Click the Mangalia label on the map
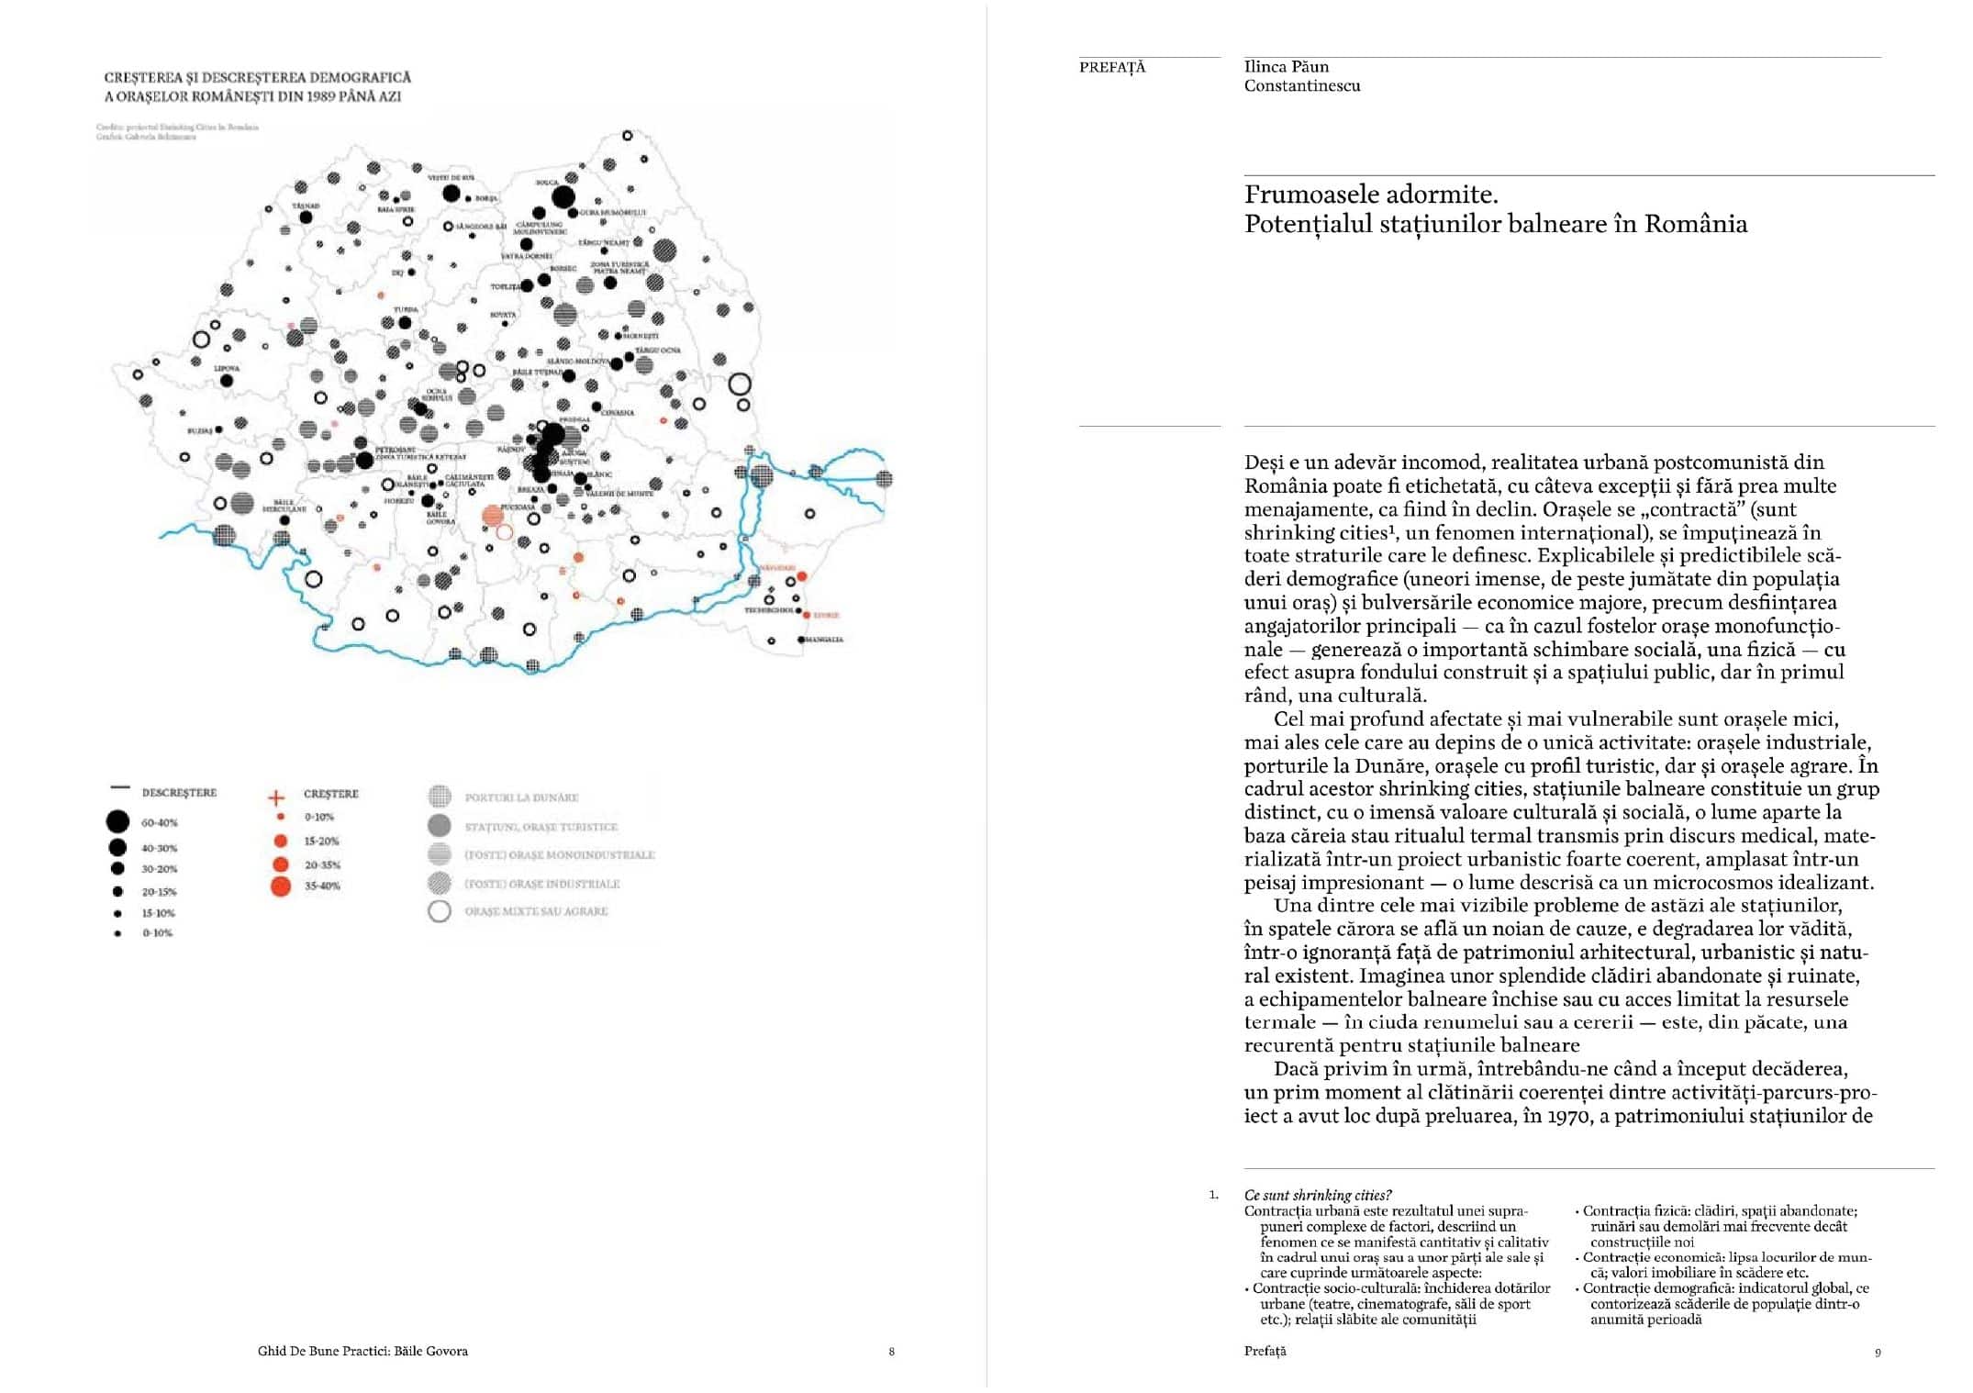824,640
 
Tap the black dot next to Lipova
227,381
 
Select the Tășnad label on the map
305,206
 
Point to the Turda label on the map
406,310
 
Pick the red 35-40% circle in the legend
281,886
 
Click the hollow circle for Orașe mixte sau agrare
440,911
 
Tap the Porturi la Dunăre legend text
521,797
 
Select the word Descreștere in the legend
179,792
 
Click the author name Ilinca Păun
1286,66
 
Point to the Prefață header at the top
1112,67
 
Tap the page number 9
1878,1352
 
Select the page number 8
891,1352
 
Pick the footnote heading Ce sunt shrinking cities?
1318,1195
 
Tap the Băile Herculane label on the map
284,506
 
